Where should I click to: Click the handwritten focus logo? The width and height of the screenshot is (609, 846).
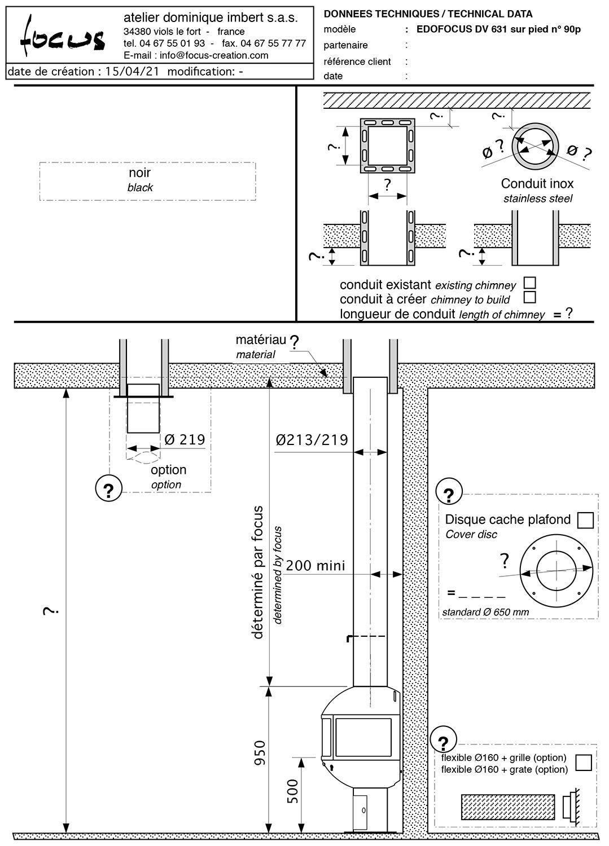pos(63,37)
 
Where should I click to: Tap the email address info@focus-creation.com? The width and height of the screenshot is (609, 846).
pos(213,55)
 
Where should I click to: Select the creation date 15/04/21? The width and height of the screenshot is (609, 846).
pos(132,72)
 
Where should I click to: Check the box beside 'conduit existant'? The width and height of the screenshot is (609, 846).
pos(529,283)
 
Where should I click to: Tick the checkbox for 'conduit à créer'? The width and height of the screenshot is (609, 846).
pos(529,297)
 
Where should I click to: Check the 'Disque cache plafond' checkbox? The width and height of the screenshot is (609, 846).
pos(585,520)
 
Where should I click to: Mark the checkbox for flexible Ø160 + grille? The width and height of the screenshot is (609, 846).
pos(583,763)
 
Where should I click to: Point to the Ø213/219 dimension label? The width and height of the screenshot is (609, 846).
pos(312,440)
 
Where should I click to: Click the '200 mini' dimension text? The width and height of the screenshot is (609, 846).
pos(316,566)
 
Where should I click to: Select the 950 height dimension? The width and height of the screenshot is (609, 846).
pos(260,753)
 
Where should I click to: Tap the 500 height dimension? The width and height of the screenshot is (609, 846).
pos(292,791)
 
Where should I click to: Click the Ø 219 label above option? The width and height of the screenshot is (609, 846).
pos(185,439)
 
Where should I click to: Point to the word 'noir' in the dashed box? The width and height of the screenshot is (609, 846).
pos(139,173)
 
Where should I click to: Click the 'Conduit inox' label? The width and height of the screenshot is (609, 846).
pos(537,183)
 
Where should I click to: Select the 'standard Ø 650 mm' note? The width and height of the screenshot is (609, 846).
pos(485,612)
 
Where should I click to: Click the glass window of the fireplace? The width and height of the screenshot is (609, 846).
pos(363,737)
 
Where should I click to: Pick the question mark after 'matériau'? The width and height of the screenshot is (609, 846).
pos(294,342)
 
